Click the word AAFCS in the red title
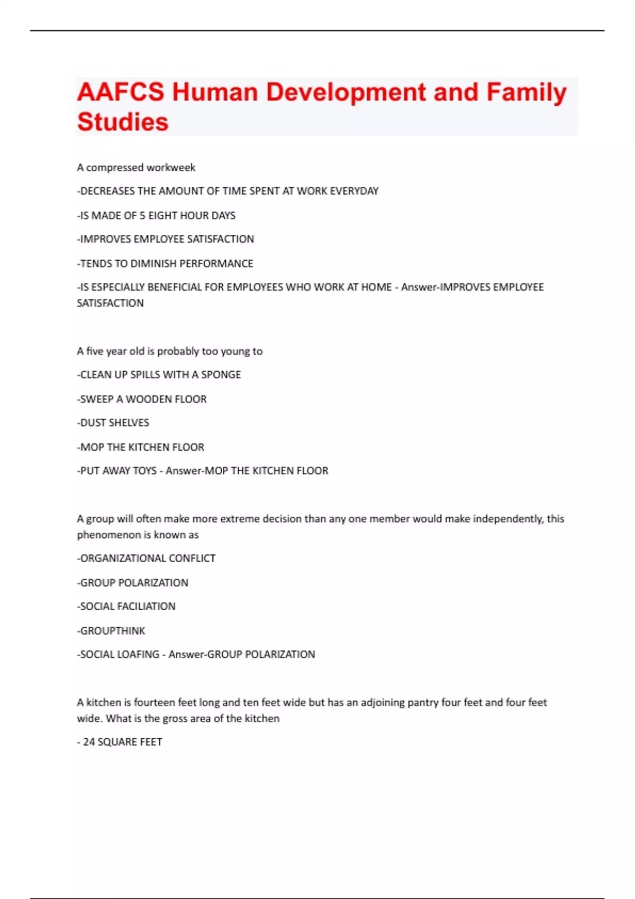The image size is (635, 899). [121, 92]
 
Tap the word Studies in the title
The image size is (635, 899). [123, 122]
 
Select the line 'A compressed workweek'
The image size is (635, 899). [136, 168]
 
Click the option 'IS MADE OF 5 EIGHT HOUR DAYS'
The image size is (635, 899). [157, 216]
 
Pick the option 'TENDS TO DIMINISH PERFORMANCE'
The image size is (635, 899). [166, 263]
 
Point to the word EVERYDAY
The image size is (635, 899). [354, 191]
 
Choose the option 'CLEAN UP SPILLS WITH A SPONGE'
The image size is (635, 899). [159, 375]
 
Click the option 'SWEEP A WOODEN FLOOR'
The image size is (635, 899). [142, 399]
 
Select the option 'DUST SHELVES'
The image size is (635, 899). [113, 423]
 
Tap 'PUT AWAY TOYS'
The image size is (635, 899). [117, 471]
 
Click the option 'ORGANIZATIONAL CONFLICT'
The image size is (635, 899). [147, 558]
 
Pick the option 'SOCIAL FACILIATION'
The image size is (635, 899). [126, 607]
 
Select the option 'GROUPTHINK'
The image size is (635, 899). [112, 631]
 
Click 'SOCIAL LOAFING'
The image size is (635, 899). [119, 655]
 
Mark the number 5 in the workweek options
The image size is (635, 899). [142, 216]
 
